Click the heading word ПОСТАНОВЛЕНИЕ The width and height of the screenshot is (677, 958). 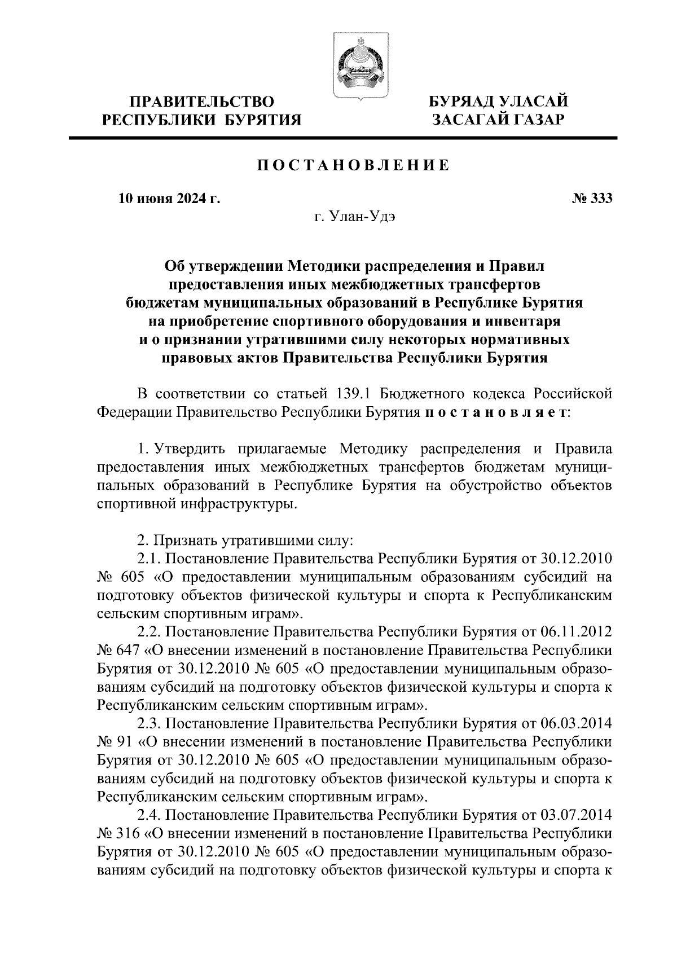pos(354,165)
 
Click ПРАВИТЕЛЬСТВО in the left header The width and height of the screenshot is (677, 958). pos(202,102)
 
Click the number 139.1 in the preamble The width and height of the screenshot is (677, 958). pos(354,393)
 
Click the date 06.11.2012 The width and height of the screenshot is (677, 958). pos(577,632)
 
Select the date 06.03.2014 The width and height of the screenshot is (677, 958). pos(577,723)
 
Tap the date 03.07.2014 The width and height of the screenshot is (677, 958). pos(577,814)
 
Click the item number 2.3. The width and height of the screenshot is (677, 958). pos(149,723)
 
